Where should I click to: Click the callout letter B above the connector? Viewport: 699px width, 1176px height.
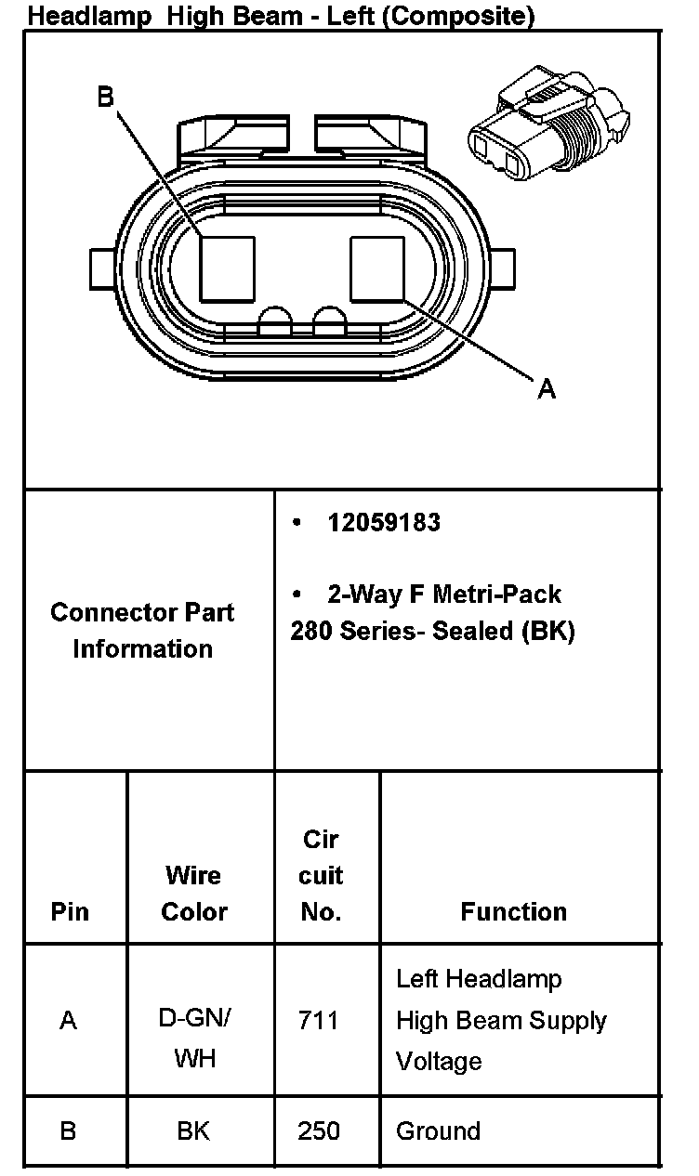point(106,98)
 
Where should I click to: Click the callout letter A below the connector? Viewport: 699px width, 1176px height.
point(547,389)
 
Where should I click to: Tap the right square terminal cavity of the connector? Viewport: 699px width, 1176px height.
point(377,268)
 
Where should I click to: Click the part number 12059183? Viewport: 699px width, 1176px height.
point(384,523)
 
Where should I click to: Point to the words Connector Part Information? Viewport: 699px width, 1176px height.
point(142,631)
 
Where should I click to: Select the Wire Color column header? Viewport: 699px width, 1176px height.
point(193,894)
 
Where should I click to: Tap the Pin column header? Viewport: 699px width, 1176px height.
point(70,912)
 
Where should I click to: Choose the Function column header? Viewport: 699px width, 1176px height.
point(513,912)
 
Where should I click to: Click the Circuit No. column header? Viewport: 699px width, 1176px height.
point(321,876)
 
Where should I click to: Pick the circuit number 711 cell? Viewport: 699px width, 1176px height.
point(319,1021)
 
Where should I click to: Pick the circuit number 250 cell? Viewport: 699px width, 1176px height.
point(319,1131)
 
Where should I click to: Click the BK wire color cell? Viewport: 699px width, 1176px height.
point(193,1131)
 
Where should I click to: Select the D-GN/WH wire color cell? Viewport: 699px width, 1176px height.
point(194,1038)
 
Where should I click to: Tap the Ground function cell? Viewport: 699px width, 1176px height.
point(438,1131)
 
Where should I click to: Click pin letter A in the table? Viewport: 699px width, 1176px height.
point(68,1021)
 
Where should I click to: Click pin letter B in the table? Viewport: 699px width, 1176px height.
point(68,1131)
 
